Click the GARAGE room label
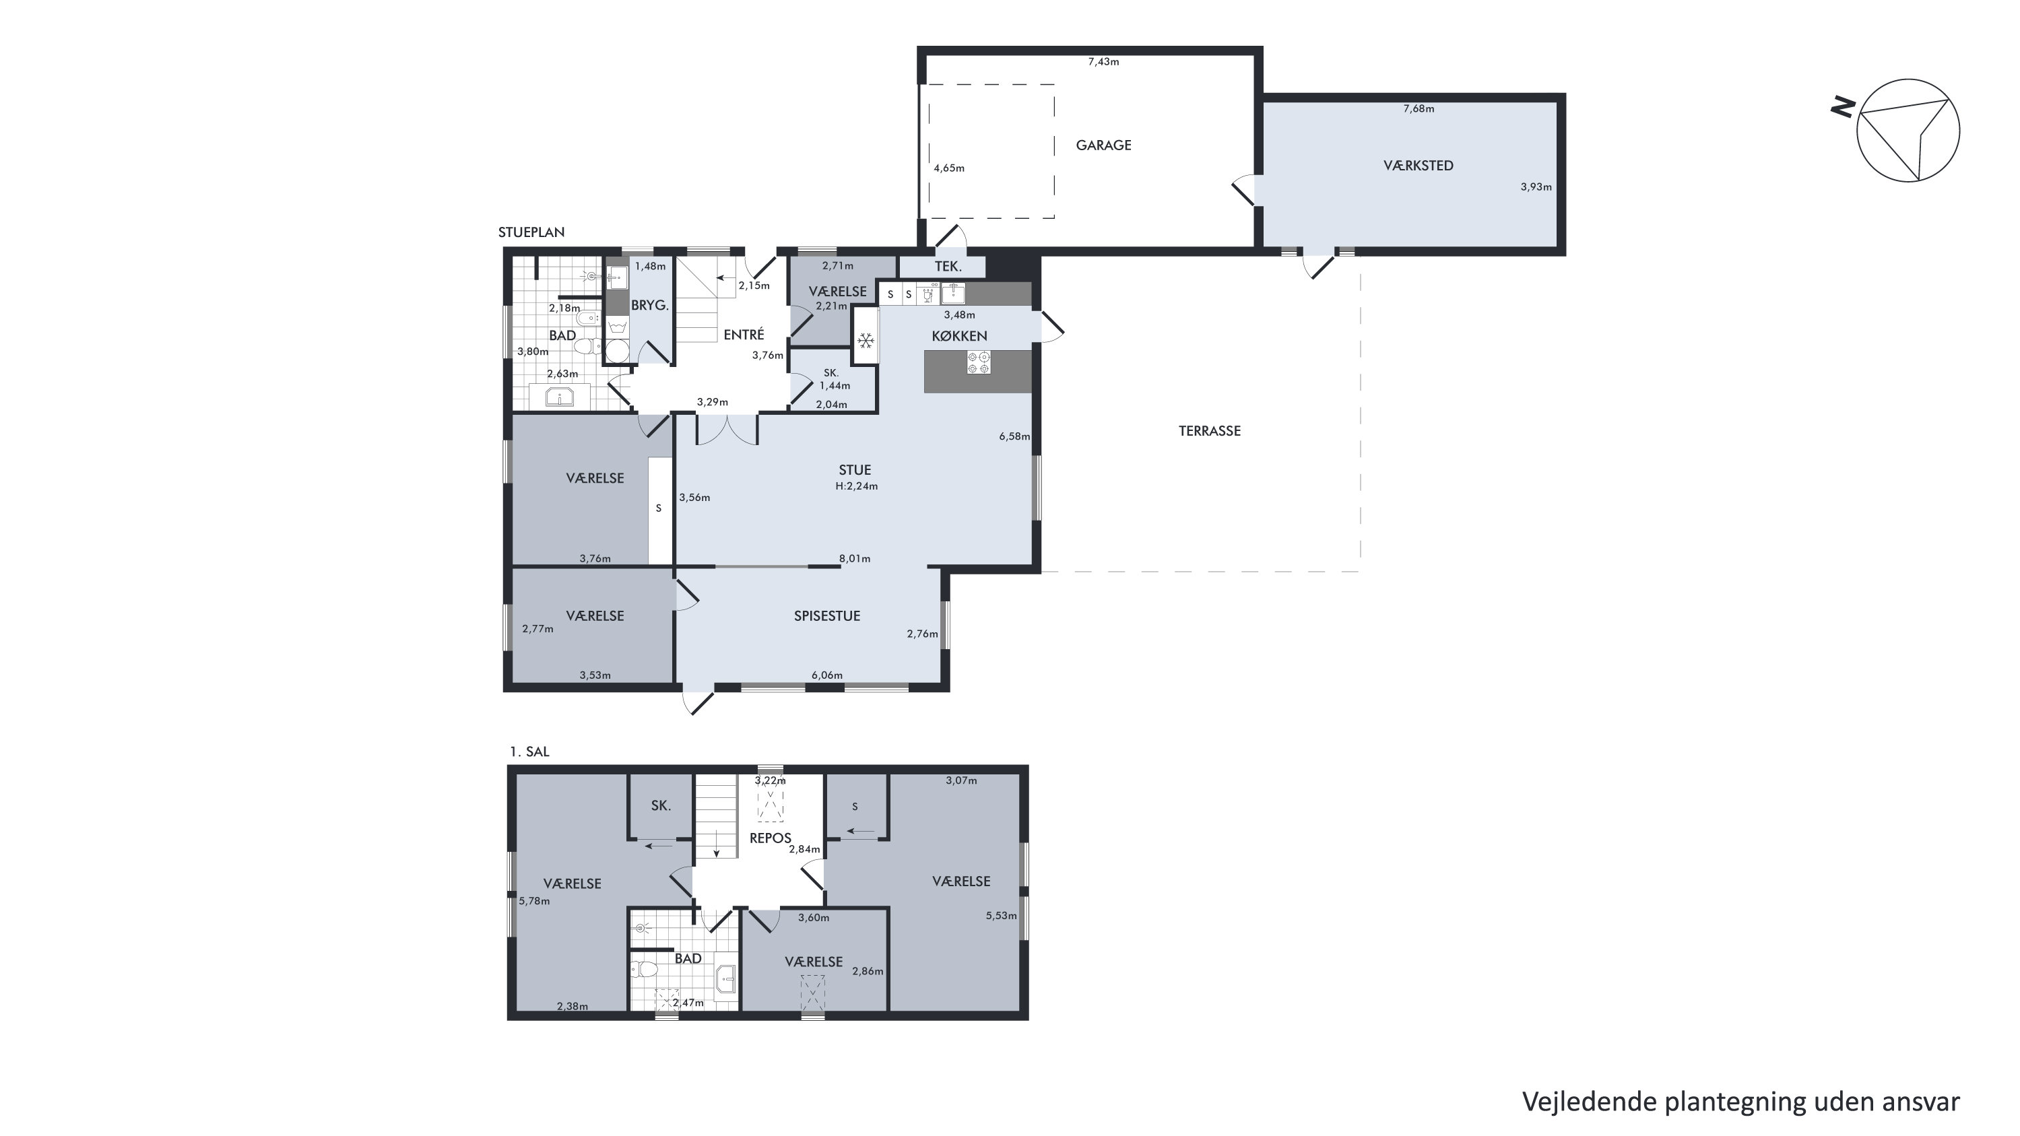pyautogui.click(x=1103, y=145)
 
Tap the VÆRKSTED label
pyautogui.click(x=1418, y=166)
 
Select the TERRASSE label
pyautogui.click(x=1209, y=430)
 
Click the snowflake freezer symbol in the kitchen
pyautogui.click(x=866, y=341)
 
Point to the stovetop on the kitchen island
pyautogui.click(x=979, y=362)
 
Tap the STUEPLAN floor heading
pyautogui.click(x=531, y=232)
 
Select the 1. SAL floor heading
pyautogui.click(x=529, y=751)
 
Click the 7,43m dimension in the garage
pyautogui.click(x=1103, y=62)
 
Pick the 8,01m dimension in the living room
pyautogui.click(x=855, y=559)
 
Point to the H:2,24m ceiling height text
pyautogui.click(x=856, y=486)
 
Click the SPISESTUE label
pyautogui.click(x=826, y=616)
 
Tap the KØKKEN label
pyautogui.click(x=959, y=335)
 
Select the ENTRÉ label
pyautogui.click(x=744, y=335)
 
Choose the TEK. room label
pyautogui.click(x=948, y=267)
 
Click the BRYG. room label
pyautogui.click(x=650, y=306)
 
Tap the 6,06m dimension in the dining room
pyautogui.click(x=826, y=675)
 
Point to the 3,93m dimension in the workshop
pyautogui.click(x=1536, y=187)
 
